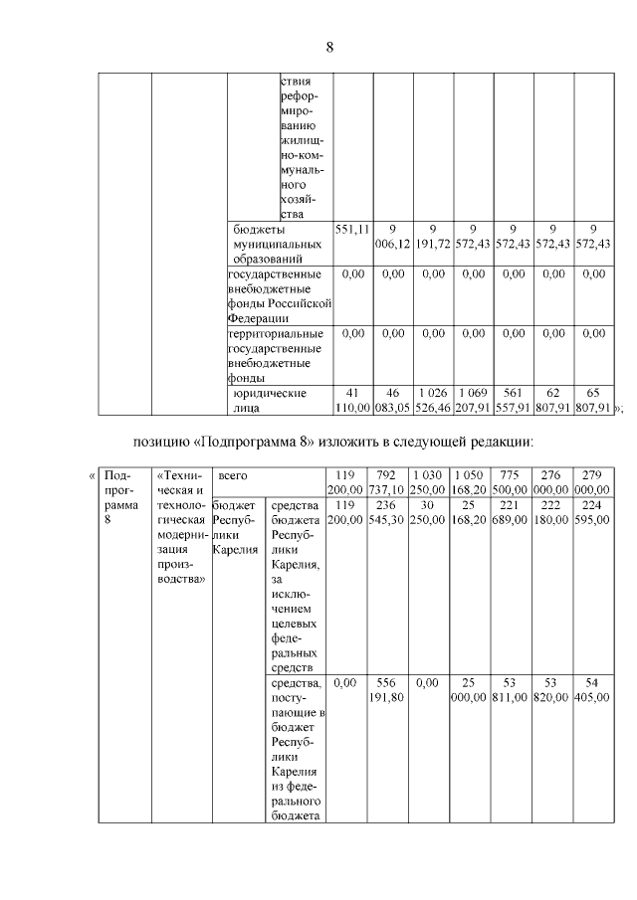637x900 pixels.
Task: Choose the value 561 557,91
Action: click(x=514, y=400)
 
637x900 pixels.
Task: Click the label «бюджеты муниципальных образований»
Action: click(x=276, y=243)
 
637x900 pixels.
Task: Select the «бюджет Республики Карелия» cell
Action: click(x=235, y=526)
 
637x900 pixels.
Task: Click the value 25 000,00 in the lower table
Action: click(x=470, y=690)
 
